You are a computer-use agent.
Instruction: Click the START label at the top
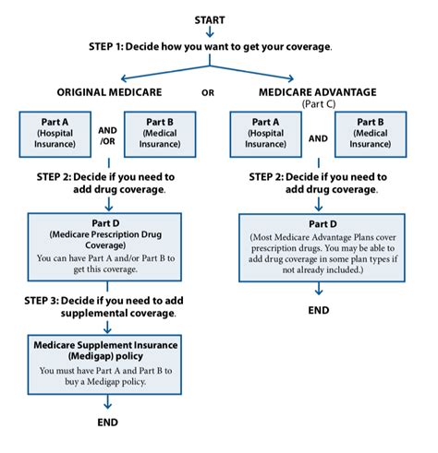pyautogui.click(x=210, y=20)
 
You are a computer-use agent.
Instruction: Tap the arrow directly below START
pyautogui.click(x=210, y=31)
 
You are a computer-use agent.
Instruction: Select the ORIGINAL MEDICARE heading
pyautogui.click(x=109, y=92)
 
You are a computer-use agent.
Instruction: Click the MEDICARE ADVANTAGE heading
pyautogui.click(x=318, y=92)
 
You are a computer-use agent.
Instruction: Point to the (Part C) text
pyautogui.click(x=319, y=104)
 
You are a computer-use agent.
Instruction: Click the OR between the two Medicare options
pyautogui.click(x=208, y=93)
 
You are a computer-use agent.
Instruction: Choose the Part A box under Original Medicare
pyautogui.click(x=55, y=135)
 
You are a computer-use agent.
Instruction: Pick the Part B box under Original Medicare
pyautogui.click(x=160, y=135)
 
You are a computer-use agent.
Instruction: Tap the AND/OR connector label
pyautogui.click(x=107, y=136)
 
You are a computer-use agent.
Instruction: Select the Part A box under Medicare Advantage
pyautogui.click(x=266, y=135)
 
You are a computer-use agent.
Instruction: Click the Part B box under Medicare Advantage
pyautogui.click(x=371, y=135)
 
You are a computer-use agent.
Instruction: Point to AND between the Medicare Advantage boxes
pyautogui.click(x=318, y=138)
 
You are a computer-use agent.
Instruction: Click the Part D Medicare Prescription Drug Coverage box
pyautogui.click(x=104, y=247)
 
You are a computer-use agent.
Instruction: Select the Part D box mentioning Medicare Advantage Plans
pyautogui.click(x=322, y=247)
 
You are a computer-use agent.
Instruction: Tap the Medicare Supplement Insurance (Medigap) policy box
pyautogui.click(x=104, y=364)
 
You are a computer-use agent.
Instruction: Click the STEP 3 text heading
pyautogui.click(x=103, y=306)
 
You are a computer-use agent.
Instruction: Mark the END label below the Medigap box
pyautogui.click(x=107, y=423)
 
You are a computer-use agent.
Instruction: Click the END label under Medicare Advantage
pyautogui.click(x=319, y=310)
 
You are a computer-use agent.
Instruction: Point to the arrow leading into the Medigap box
pyautogui.click(x=107, y=328)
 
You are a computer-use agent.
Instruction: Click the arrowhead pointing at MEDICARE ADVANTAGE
pyautogui.click(x=291, y=78)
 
